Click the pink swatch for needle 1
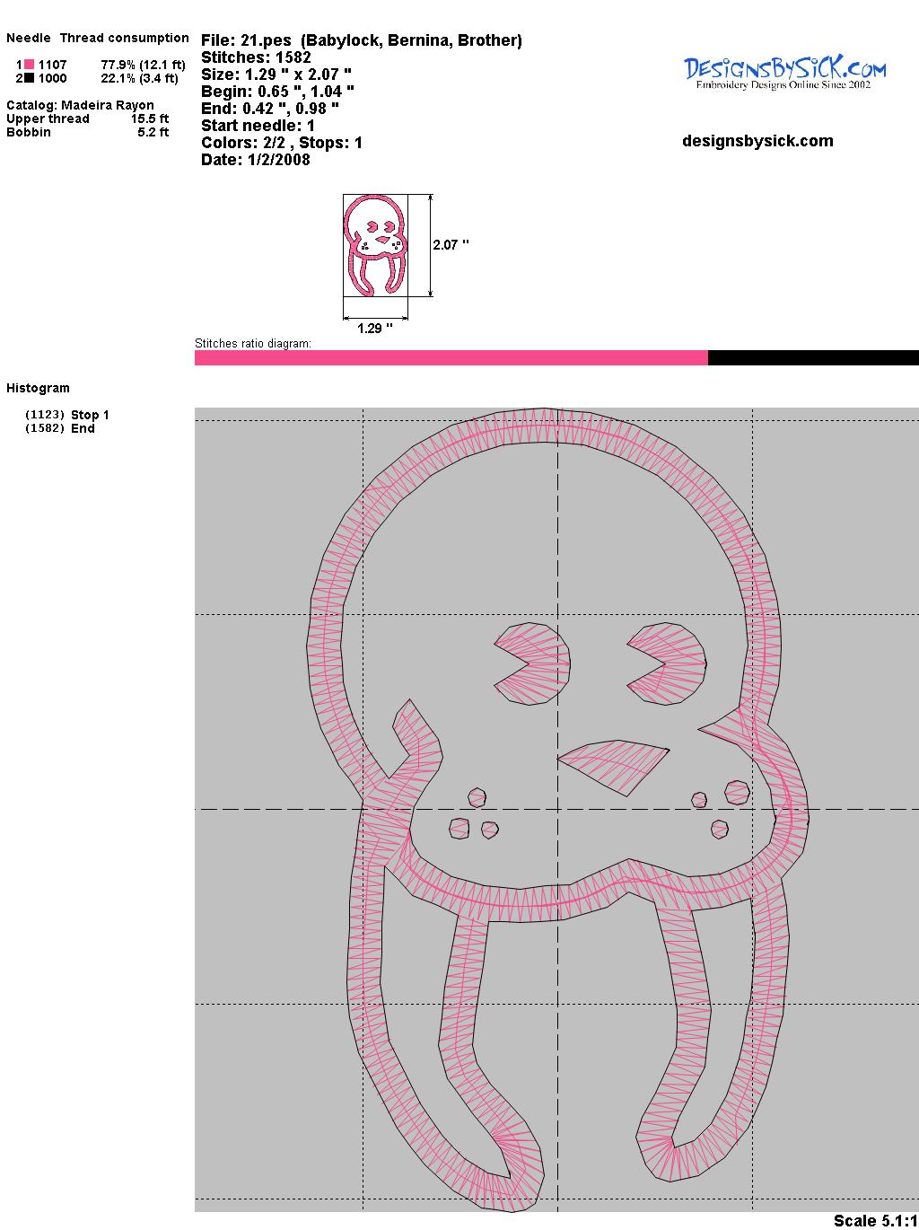click(29, 65)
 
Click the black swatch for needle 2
click(29, 78)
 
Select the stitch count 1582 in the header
click(293, 57)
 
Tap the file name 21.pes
click(266, 40)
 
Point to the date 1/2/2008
click(278, 160)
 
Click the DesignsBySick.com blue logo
click(784, 74)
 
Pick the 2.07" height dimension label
click(451, 245)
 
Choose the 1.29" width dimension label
click(374, 328)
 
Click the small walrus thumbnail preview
click(375, 245)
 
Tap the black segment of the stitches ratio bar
click(813, 357)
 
